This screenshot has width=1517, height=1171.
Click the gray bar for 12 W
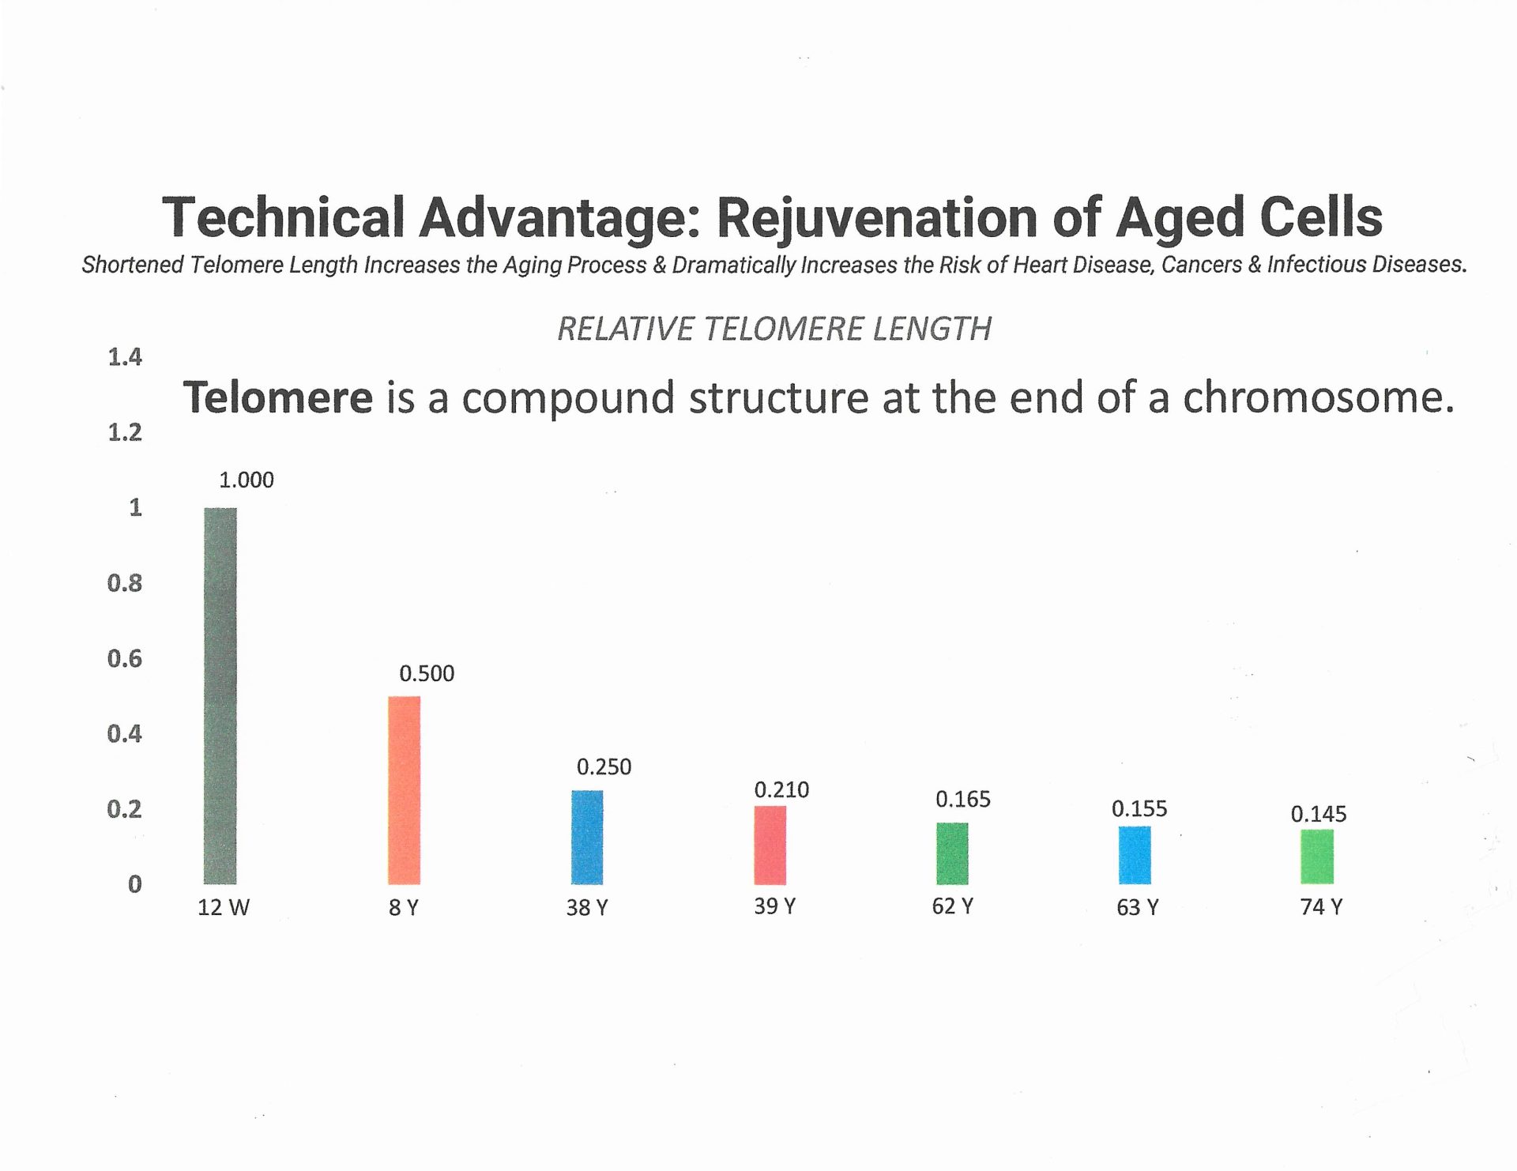[220, 695]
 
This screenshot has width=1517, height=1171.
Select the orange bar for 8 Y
[404, 790]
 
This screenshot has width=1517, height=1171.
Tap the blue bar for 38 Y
[587, 837]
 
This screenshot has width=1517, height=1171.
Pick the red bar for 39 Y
[770, 845]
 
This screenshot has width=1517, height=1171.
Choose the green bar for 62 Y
[952, 853]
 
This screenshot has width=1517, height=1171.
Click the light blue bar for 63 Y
[1135, 855]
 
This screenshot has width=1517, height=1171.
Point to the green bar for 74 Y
[1317, 857]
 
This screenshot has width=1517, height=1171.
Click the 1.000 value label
[247, 480]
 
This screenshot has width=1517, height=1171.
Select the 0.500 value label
[427, 673]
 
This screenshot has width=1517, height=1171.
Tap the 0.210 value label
[781, 789]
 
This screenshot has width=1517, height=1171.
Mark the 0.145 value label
[1319, 814]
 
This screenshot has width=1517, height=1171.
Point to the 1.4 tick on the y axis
[125, 357]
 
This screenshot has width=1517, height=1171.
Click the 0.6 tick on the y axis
[125, 658]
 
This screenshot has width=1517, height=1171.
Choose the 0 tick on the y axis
[135, 884]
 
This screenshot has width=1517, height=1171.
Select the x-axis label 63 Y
[1138, 907]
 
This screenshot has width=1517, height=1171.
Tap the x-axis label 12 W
[224, 907]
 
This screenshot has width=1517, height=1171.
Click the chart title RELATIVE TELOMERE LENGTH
[774, 329]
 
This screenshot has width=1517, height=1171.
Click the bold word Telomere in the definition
[278, 397]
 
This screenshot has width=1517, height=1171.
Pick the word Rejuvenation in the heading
[877, 218]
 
